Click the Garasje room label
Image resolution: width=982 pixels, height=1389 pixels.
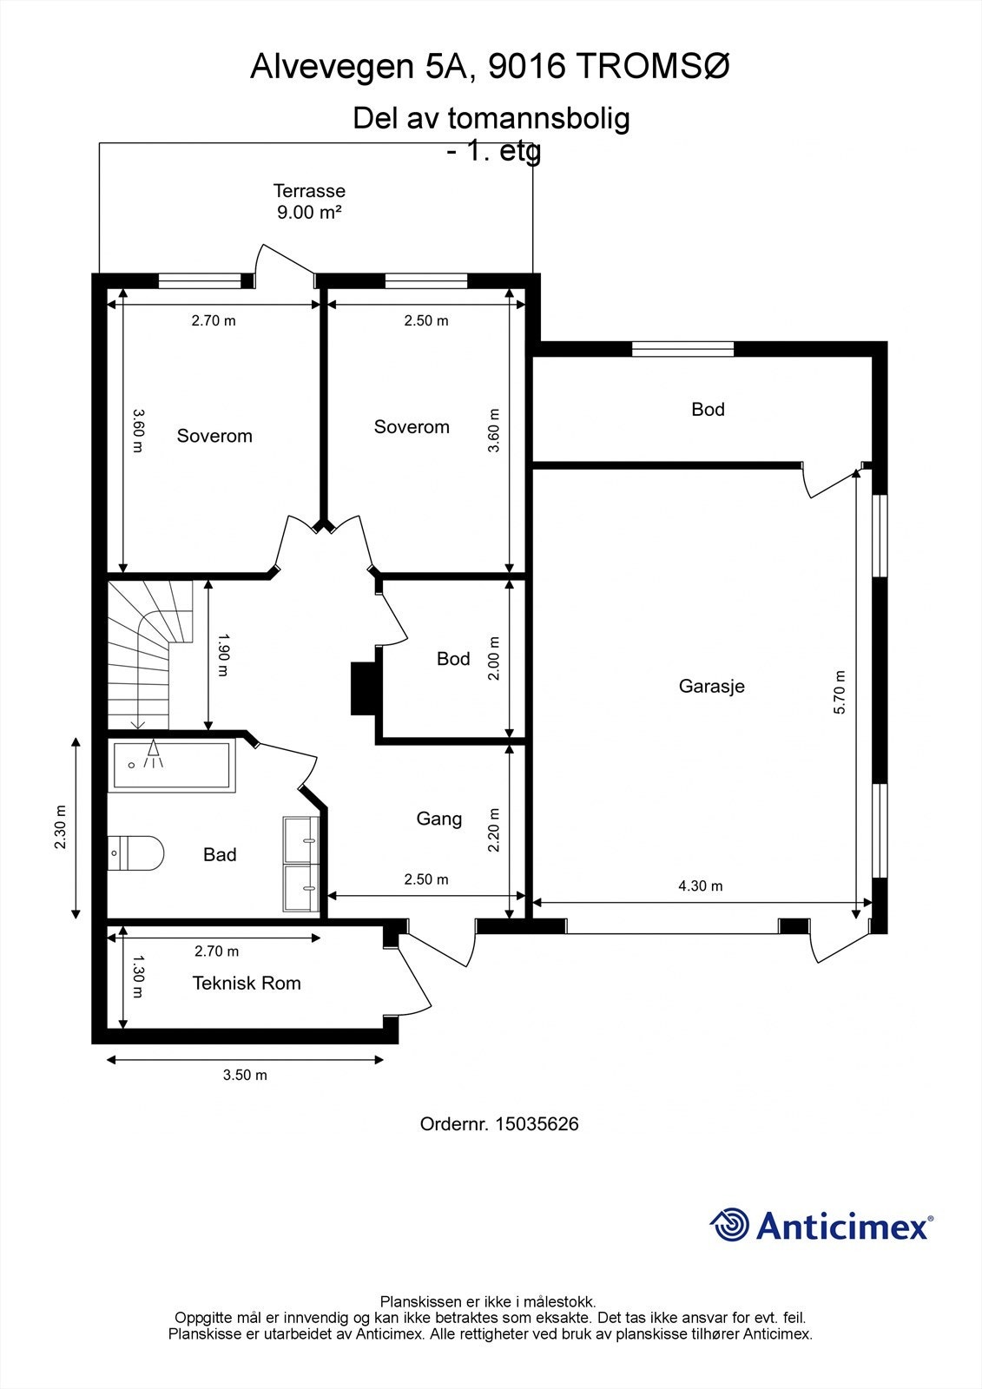coord(711,687)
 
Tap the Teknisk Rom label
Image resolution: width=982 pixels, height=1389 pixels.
coord(247,983)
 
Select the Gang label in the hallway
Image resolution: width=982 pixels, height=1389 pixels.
coord(439,820)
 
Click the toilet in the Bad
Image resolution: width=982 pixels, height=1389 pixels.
coord(135,852)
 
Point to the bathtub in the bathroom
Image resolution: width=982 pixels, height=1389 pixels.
coord(172,766)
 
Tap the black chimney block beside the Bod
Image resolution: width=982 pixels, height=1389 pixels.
coord(364,688)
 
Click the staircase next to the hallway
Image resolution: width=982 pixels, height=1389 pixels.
coord(150,655)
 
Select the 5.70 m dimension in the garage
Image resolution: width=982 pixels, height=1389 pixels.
coord(840,693)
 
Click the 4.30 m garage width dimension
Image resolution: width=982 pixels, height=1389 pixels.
coord(701,886)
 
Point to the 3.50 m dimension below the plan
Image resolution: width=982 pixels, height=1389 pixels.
coord(245,1076)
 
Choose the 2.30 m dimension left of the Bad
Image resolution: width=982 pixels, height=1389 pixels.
coord(60,827)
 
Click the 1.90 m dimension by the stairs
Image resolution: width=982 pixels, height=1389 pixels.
coord(223,655)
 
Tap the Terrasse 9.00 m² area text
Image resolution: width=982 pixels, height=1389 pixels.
coord(310,201)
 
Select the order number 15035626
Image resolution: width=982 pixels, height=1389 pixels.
coord(499,1124)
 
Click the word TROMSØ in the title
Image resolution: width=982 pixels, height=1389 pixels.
coord(654,66)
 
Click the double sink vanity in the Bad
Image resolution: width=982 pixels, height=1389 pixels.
coord(301,865)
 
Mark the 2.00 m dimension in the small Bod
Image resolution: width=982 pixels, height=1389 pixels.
coord(494,659)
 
